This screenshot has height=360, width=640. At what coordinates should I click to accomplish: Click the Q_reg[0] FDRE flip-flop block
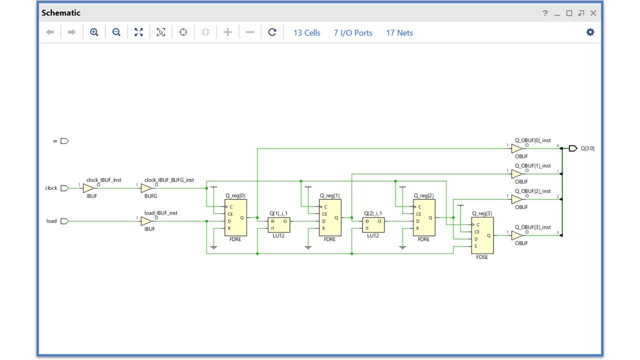click(x=235, y=218)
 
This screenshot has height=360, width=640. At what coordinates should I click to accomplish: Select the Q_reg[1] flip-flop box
click(x=330, y=218)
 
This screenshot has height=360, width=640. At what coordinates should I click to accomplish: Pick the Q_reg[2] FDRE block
click(x=424, y=218)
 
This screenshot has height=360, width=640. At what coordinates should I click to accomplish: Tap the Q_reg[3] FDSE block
click(x=482, y=235)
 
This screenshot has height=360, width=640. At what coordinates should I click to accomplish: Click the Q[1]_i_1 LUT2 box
click(x=278, y=224)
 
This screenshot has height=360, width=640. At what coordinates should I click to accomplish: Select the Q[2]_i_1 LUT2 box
click(x=373, y=224)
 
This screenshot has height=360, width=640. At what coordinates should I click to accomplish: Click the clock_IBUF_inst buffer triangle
click(x=88, y=188)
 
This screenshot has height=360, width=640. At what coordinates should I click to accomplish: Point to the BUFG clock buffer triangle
click(x=146, y=188)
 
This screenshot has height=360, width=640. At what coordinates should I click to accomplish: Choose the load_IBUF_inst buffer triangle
click(x=146, y=221)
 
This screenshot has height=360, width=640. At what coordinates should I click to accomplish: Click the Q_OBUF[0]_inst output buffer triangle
click(x=517, y=148)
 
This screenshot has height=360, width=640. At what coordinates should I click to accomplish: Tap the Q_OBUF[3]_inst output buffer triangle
click(x=517, y=235)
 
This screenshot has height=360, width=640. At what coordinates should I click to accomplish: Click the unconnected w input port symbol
click(x=64, y=141)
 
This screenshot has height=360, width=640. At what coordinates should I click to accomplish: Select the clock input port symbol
click(x=64, y=188)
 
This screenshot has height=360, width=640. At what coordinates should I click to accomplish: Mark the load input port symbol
click(x=64, y=221)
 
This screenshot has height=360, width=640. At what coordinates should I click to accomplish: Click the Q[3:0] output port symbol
click(x=573, y=148)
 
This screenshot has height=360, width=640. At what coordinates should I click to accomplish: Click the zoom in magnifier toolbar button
click(x=94, y=32)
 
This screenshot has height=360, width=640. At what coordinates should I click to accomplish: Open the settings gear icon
click(x=590, y=32)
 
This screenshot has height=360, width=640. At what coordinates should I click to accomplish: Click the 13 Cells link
click(x=306, y=33)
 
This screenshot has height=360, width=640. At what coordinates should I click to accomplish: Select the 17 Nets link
click(x=399, y=33)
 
